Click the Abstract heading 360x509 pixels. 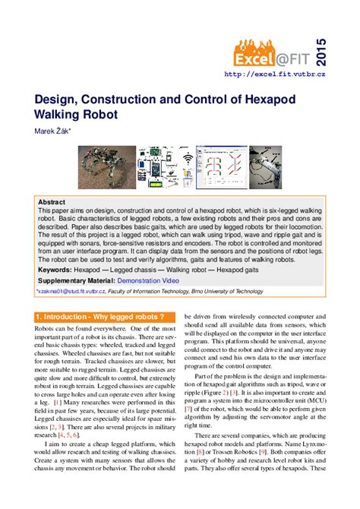click(52, 203)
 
